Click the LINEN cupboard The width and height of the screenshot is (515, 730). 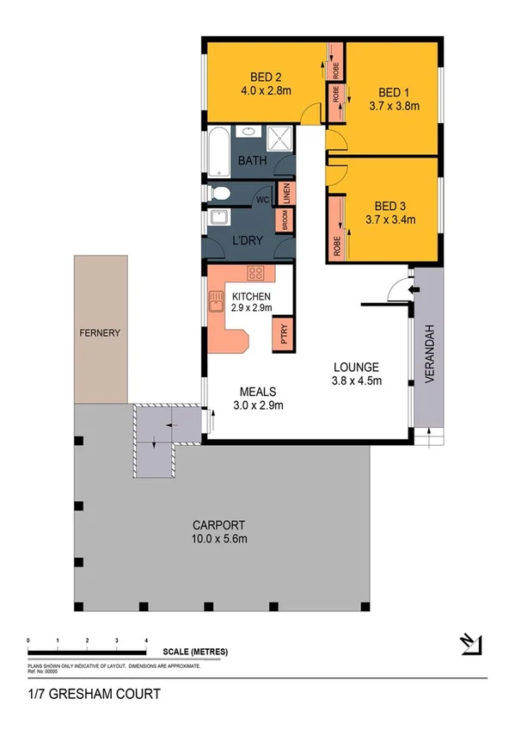[x=285, y=193]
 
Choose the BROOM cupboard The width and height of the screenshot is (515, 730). [x=281, y=220]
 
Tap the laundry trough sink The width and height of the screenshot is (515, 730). [x=218, y=219]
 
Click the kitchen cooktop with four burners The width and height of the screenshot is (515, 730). [x=256, y=275]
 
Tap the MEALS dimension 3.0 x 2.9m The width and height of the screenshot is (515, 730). [x=258, y=405]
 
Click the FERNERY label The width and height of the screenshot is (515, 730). [x=100, y=332]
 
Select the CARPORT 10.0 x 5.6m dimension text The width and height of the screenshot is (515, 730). [x=220, y=539]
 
